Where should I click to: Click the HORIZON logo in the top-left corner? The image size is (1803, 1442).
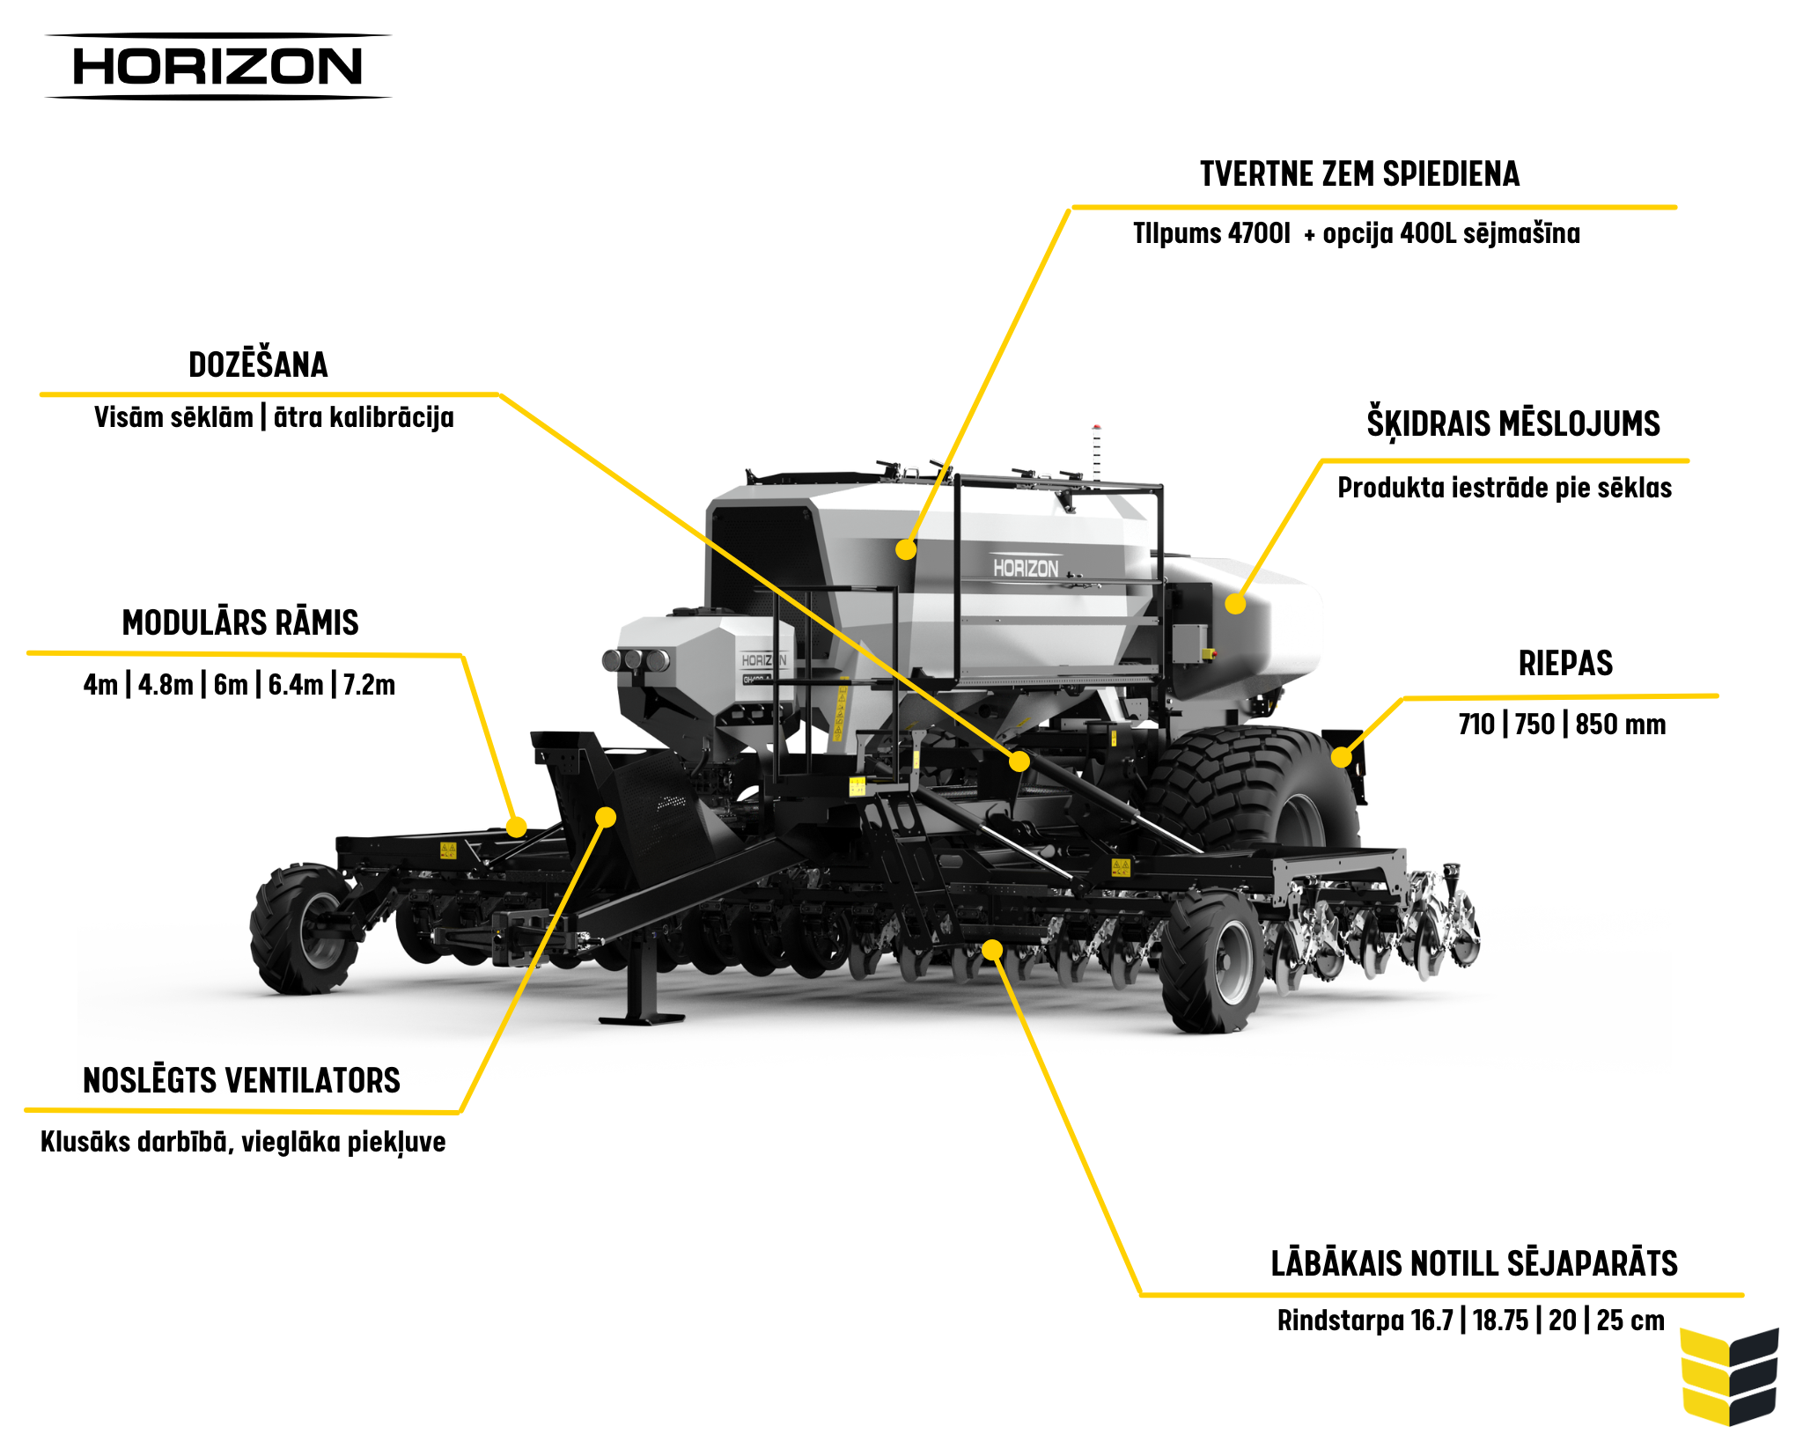[217, 67]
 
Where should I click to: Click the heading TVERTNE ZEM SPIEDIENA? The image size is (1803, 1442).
[1359, 174]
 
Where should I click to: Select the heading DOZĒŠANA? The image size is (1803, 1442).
[258, 364]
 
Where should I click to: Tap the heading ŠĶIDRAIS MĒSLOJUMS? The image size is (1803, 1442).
[1512, 423]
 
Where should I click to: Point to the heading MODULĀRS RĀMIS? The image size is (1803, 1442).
[240, 623]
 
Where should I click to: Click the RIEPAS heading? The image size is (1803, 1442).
[1565, 664]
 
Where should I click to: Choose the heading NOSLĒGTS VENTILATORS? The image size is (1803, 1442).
[241, 1080]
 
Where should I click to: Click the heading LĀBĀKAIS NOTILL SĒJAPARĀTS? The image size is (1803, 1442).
[1474, 1263]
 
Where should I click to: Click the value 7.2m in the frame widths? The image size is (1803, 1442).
[369, 685]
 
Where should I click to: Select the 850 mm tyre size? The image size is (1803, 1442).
[1620, 725]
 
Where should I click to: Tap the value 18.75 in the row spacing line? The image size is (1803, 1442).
[1500, 1321]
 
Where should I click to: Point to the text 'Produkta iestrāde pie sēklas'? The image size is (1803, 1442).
[1504, 488]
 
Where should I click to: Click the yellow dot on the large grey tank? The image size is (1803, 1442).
[906, 550]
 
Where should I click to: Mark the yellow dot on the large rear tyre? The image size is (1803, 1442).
[1341, 757]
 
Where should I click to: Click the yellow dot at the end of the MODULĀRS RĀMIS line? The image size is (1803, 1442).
[517, 828]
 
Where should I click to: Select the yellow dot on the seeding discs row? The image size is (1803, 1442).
[992, 949]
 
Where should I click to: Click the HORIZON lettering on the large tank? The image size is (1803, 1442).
[1026, 568]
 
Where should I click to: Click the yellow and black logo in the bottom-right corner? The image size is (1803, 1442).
[1729, 1376]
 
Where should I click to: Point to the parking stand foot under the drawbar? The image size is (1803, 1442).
[642, 1017]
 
